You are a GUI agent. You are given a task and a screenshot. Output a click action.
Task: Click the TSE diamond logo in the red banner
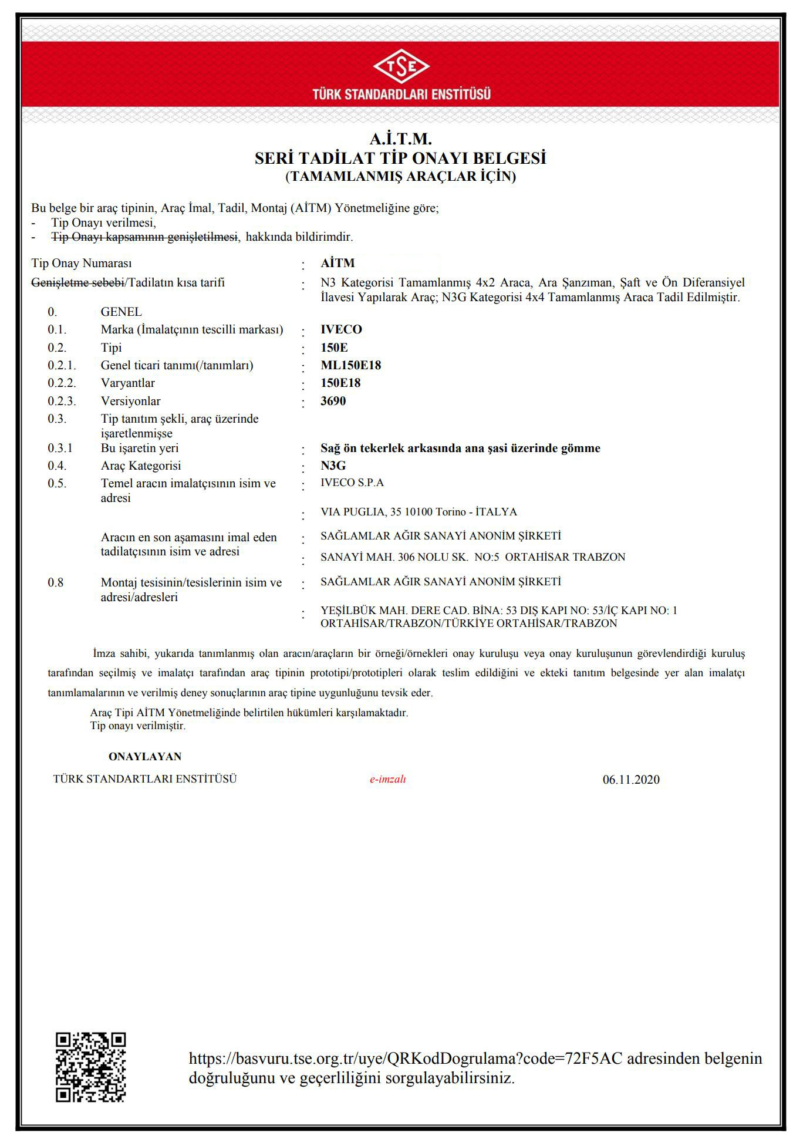click(401, 66)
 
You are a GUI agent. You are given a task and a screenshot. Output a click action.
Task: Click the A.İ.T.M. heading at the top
click(400, 139)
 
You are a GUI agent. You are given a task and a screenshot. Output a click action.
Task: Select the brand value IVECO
click(341, 329)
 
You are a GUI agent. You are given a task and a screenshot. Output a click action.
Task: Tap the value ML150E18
click(350, 365)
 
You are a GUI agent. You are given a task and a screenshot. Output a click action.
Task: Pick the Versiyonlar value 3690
click(333, 401)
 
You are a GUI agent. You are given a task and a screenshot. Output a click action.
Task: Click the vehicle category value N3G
click(333, 466)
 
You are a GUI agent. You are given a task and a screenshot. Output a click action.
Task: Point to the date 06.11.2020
click(630, 780)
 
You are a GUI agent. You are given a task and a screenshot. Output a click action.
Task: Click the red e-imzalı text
click(387, 779)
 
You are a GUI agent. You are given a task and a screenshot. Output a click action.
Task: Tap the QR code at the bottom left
click(91, 1067)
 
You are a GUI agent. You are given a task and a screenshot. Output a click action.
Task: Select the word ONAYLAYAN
click(145, 757)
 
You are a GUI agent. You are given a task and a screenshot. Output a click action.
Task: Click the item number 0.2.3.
click(62, 401)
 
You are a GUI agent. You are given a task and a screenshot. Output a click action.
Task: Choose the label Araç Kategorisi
click(141, 466)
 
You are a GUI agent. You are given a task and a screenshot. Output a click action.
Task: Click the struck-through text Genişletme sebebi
click(77, 282)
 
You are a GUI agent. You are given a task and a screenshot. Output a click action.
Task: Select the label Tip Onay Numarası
click(81, 263)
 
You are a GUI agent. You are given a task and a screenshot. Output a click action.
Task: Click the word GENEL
click(121, 312)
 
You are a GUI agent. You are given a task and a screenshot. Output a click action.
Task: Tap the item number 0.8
click(56, 582)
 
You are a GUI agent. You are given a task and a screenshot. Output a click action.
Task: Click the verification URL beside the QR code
click(405, 1058)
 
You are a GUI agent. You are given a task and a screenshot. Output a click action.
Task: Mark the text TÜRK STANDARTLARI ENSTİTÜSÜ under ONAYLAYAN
click(145, 779)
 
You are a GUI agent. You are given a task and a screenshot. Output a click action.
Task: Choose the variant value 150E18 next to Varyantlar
click(340, 383)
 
